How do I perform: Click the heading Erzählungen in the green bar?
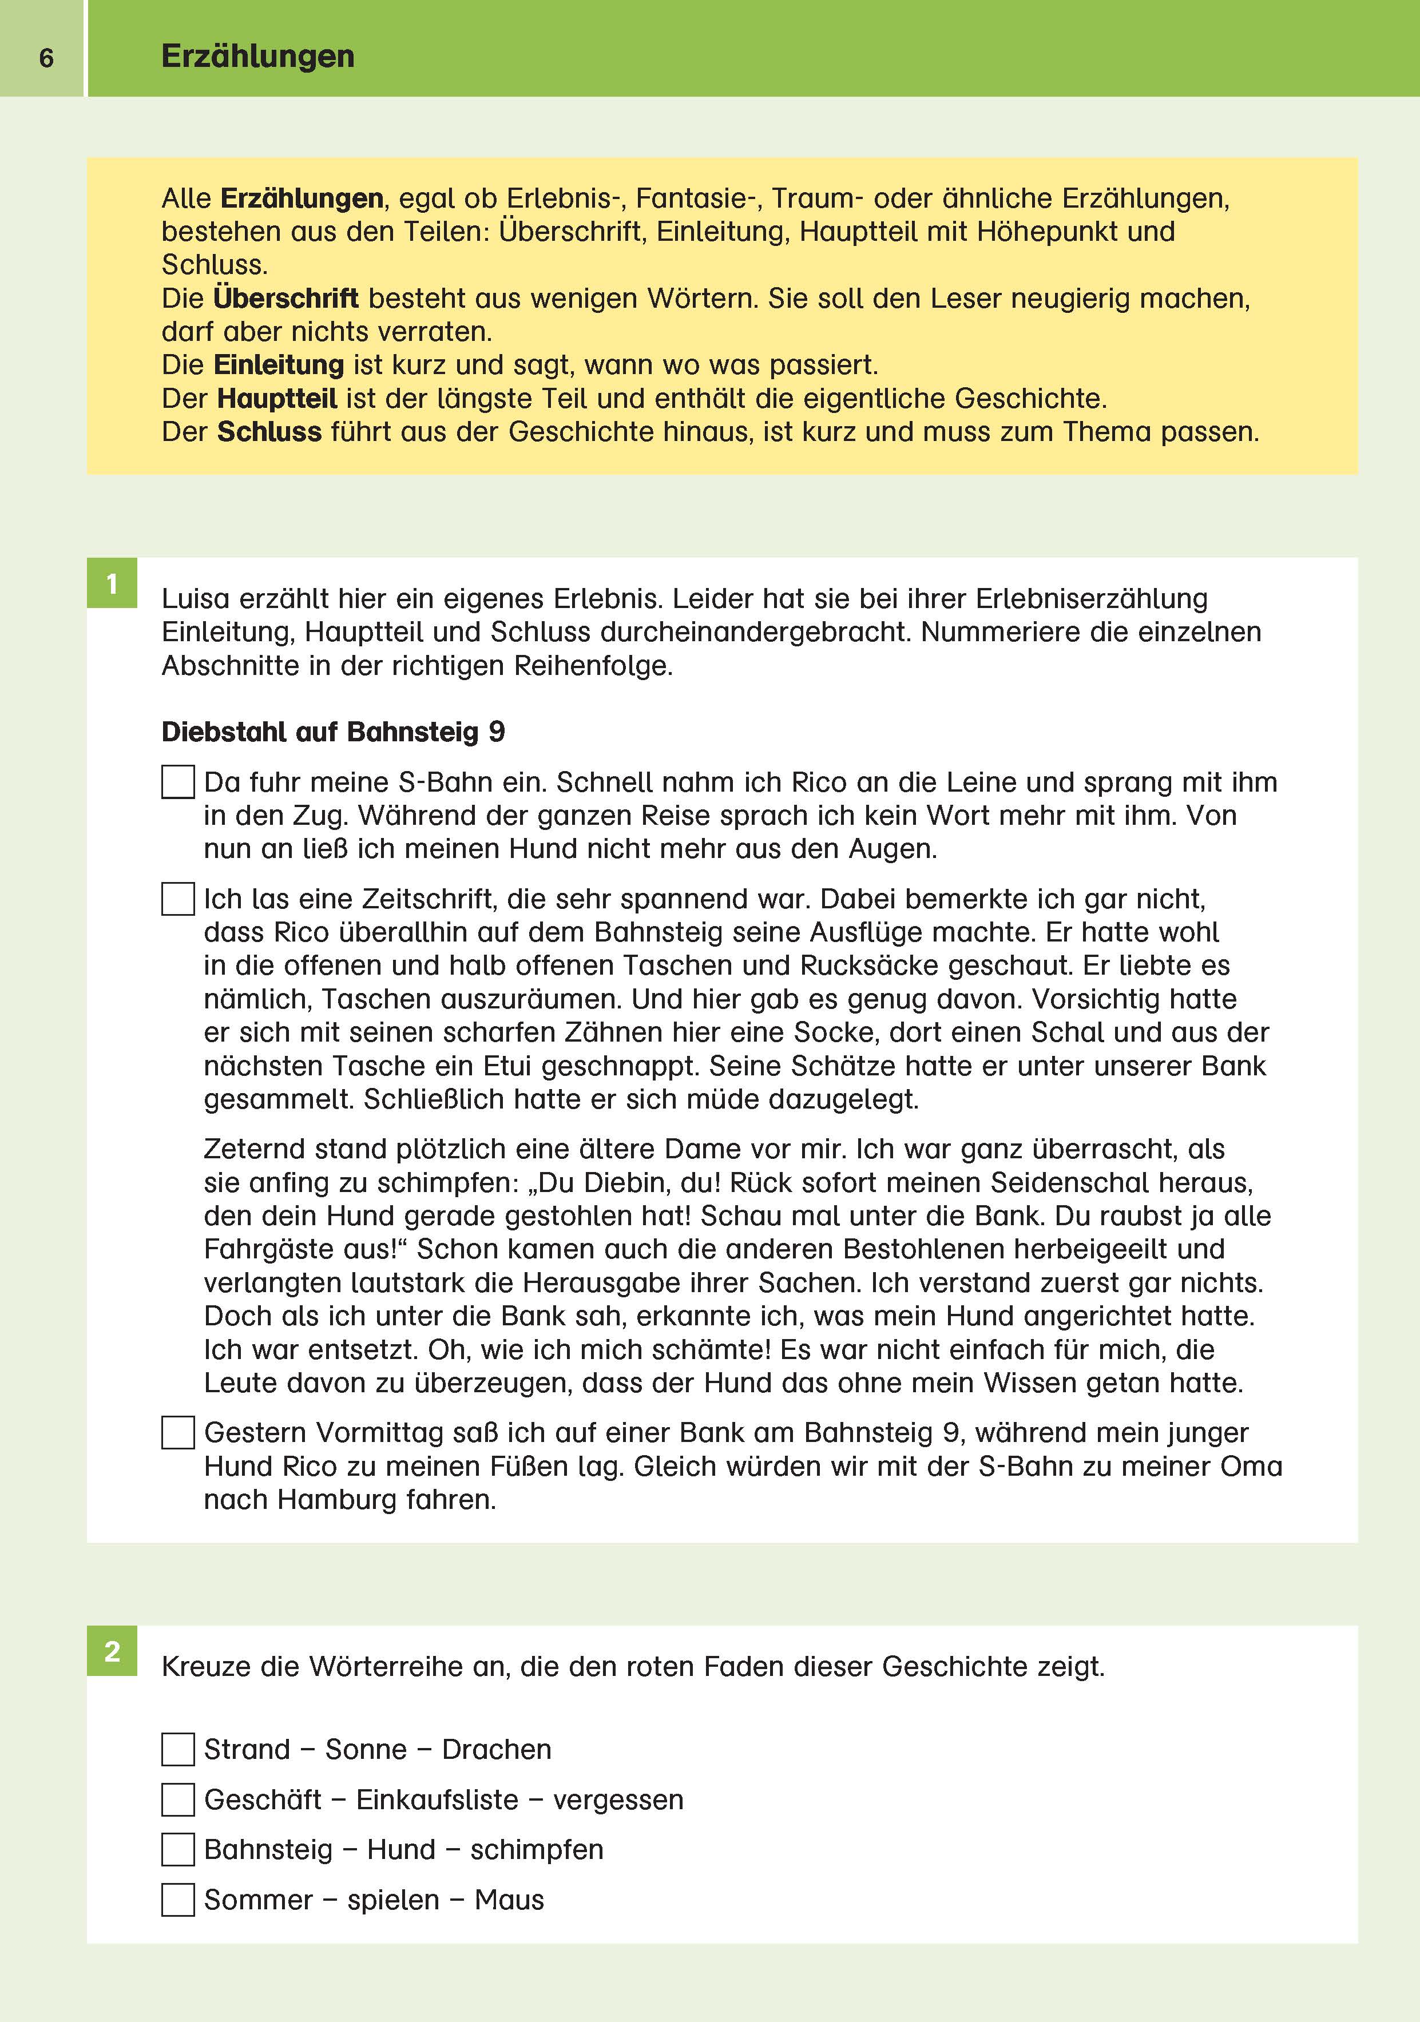[257, 57]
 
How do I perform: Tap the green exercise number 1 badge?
[112, 583]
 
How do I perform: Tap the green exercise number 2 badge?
[112, 1651]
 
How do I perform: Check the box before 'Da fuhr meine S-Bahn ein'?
[178, 782]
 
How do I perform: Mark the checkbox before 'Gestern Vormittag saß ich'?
[178, 1433]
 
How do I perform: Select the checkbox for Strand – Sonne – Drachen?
[178, 1749]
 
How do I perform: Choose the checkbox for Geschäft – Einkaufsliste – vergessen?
[178, 1799]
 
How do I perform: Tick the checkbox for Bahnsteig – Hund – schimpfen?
[178, 1849]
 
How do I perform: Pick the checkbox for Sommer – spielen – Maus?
[178, 1900]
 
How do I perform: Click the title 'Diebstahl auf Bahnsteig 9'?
[333, 732]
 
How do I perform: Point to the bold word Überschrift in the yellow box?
[285, 299]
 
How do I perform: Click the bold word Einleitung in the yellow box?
[279, 364]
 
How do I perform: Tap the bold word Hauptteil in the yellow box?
[276, 398]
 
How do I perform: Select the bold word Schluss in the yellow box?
[269, 431]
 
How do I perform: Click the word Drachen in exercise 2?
[497, 1749]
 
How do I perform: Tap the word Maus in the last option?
[509, 1900]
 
